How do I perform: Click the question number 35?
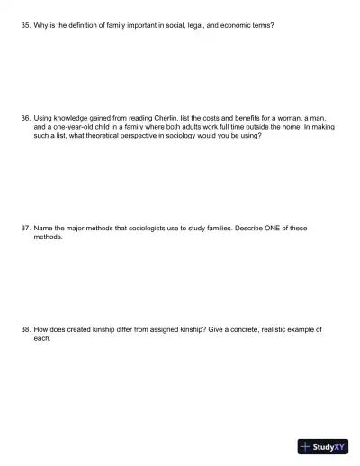[x=25, y=25]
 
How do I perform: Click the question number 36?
[x=25, y=117]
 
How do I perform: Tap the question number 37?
[x=25, y=228]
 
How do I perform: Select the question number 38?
[x=25, y=329]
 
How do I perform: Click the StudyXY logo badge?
[x=322, y=446]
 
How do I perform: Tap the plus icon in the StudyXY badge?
[x=306, y=446]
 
